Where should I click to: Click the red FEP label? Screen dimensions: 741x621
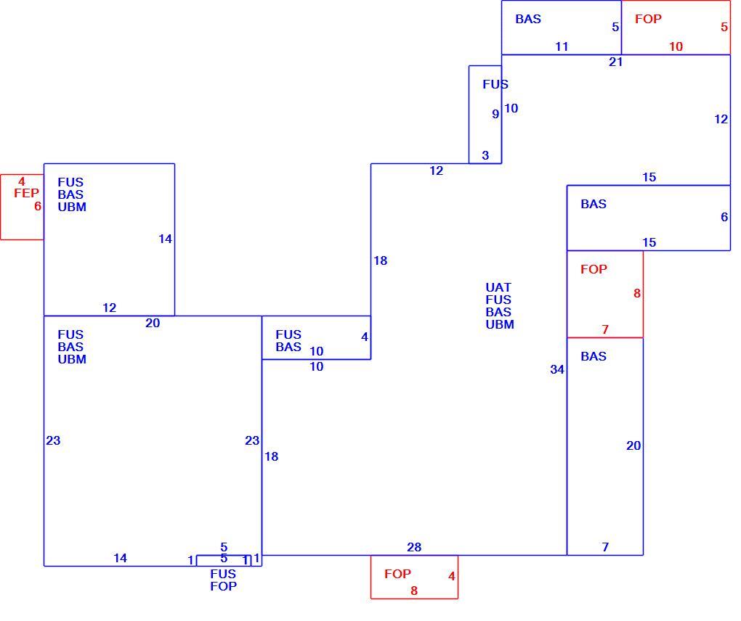click(26, 193)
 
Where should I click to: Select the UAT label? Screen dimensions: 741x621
click(498, 287)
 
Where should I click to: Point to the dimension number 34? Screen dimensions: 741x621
click(557, 369)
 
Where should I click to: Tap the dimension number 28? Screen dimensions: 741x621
click(414, 547)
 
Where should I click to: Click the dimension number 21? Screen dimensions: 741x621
click(616, 62)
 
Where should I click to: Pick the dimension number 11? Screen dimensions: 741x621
click(562, 46)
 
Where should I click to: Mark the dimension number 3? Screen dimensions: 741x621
click(485, 155)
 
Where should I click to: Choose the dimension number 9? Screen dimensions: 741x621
click(495, 114)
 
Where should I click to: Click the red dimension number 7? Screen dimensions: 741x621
click(605, 329)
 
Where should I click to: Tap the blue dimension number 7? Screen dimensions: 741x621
click(605, 547)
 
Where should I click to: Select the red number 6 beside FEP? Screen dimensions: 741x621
click(37, 206)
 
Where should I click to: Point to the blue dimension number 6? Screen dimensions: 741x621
click(724, 217)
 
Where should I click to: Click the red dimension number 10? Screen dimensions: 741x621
click(676, 46)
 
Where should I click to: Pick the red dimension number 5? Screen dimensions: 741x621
click(724, 27)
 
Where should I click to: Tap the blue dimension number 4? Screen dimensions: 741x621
click(365, 337)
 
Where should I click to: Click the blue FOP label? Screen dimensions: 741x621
click(224, 586)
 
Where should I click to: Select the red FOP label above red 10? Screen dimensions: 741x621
click(648, 19)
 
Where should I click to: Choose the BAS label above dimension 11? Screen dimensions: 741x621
click(528, 19)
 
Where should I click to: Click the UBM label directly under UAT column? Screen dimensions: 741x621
click(500, 325)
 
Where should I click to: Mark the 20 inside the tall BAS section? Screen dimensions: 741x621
click(633, 445)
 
